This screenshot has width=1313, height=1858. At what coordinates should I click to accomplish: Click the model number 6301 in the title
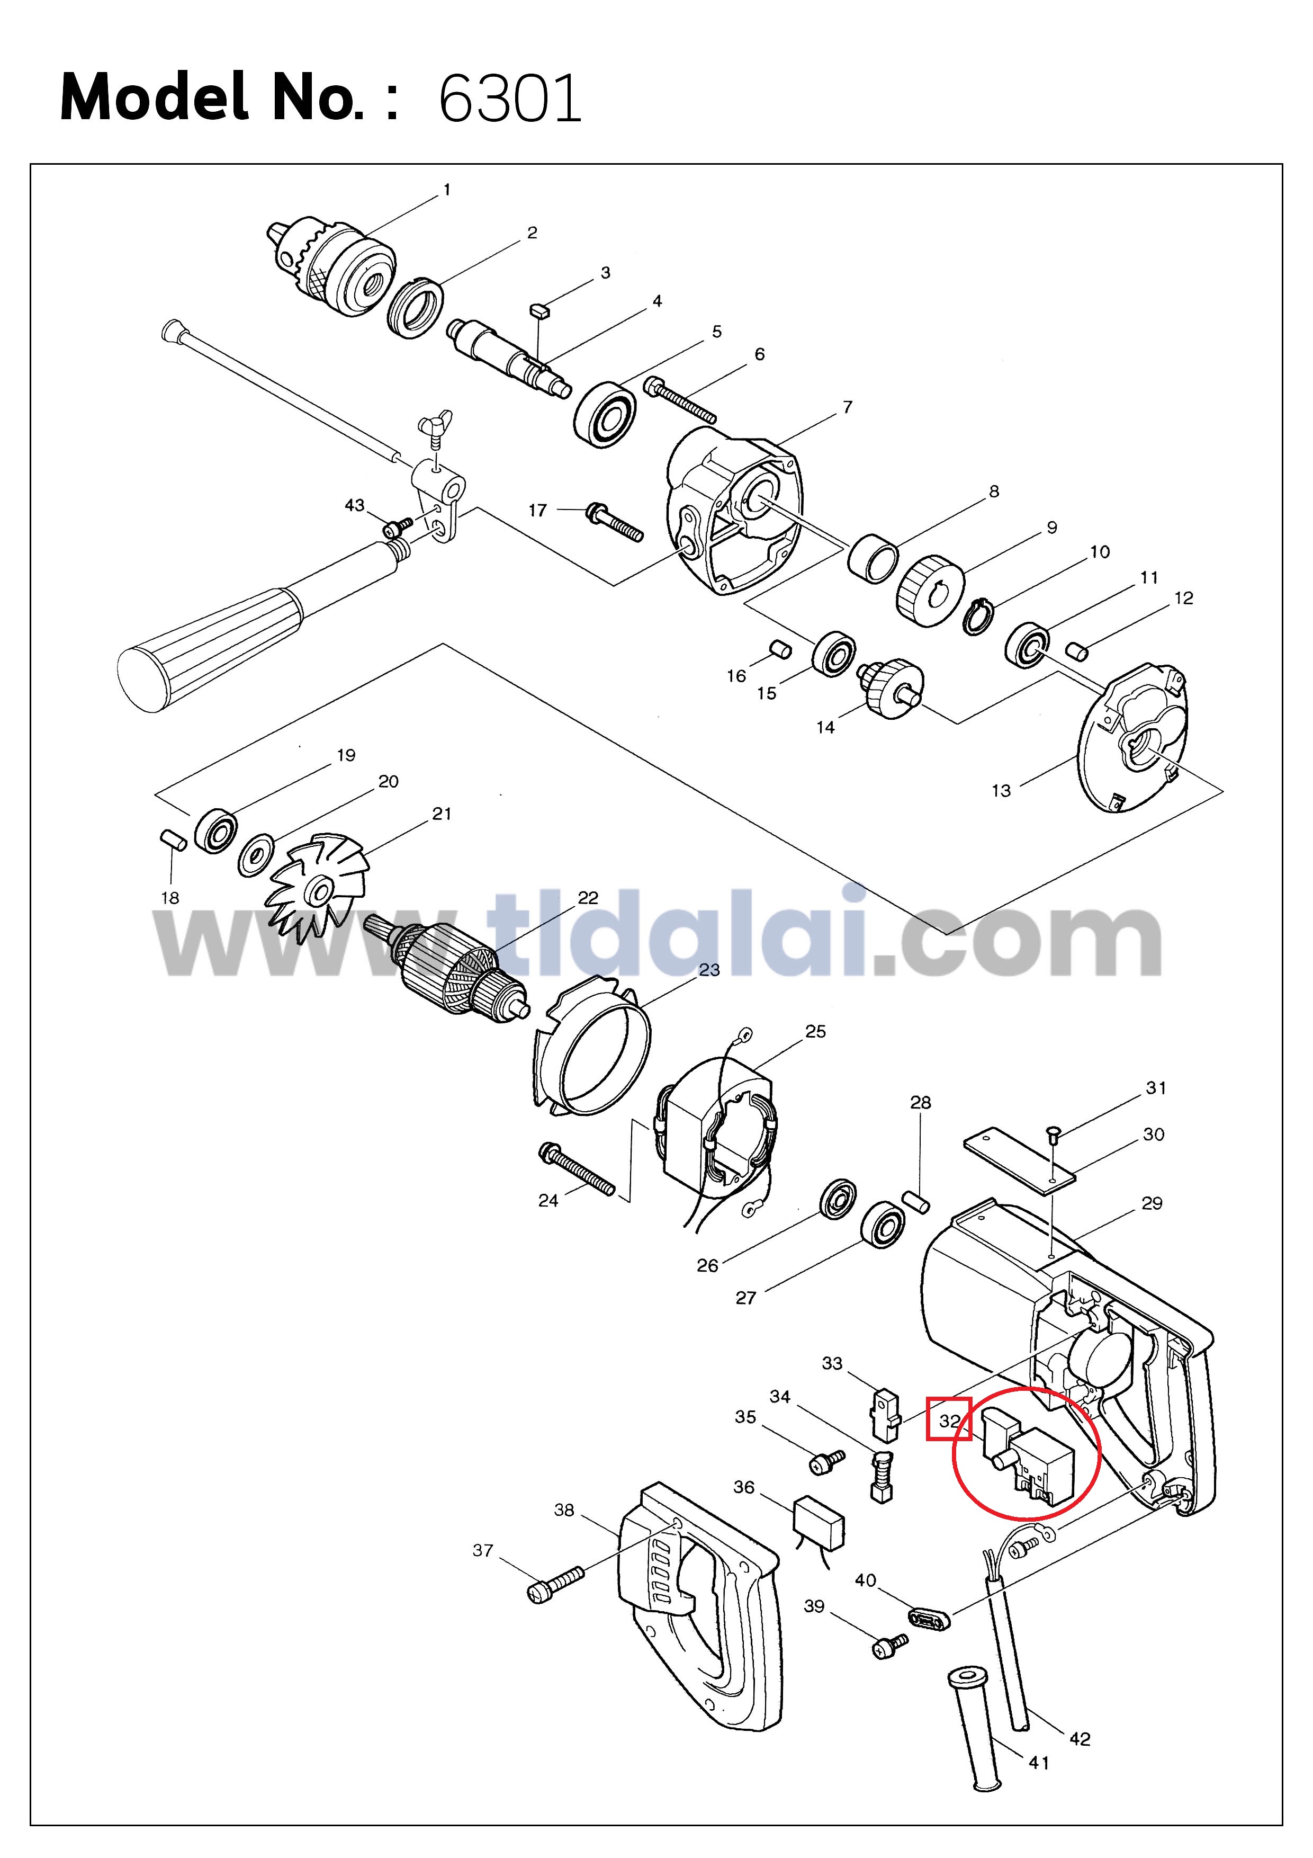(510, 99)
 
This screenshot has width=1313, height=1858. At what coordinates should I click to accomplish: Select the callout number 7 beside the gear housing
(847, 407)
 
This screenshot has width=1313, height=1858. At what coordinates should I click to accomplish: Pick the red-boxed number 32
(949, 1420)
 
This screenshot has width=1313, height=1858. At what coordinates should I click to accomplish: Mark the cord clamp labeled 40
(930, 1619)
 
